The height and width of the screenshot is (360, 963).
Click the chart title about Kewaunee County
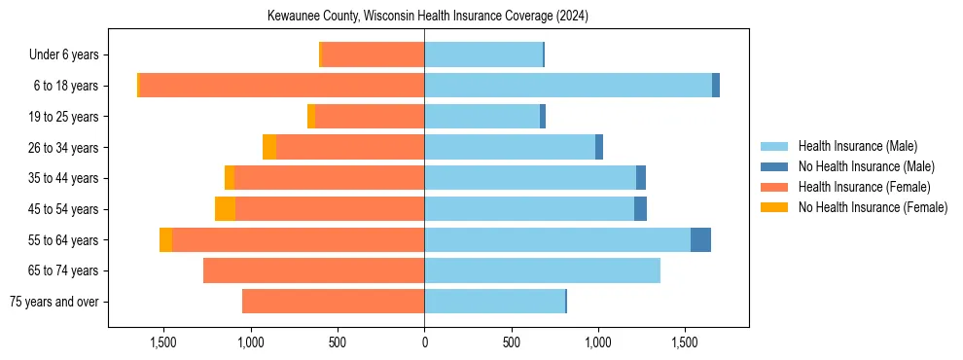point(428,17)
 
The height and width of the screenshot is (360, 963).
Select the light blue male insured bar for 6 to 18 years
point(568,86)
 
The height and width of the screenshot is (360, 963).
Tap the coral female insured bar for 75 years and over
point(333,302)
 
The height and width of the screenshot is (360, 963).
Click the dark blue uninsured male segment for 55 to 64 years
point(700,240)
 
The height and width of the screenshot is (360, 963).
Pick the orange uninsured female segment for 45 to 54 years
point(225,209)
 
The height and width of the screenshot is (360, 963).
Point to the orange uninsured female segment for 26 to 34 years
point(269,147)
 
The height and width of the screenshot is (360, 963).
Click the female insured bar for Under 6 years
point(373,55)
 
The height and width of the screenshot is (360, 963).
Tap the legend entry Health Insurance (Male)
point(857,146)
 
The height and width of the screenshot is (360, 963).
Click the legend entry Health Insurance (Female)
point(864,187)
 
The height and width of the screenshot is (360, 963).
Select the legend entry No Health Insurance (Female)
point(873,207)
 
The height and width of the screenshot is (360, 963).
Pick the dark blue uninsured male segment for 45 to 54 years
point(640,209)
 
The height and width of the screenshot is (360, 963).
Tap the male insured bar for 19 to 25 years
point(481,117)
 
